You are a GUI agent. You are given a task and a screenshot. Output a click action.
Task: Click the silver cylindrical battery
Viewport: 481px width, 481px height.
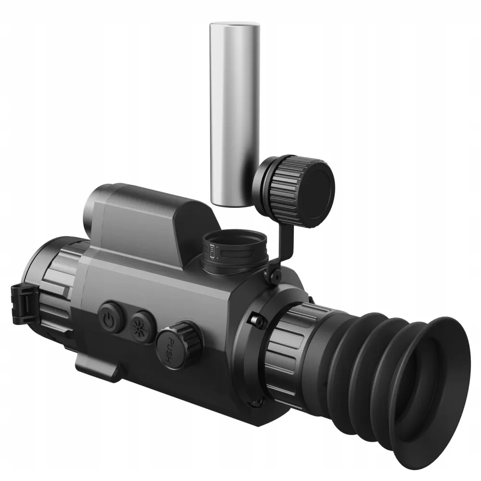[235, 114]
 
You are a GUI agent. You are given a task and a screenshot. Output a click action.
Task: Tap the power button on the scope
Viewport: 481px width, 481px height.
[110, 317]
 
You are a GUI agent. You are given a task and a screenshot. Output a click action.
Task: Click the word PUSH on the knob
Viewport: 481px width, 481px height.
[170, 350]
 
